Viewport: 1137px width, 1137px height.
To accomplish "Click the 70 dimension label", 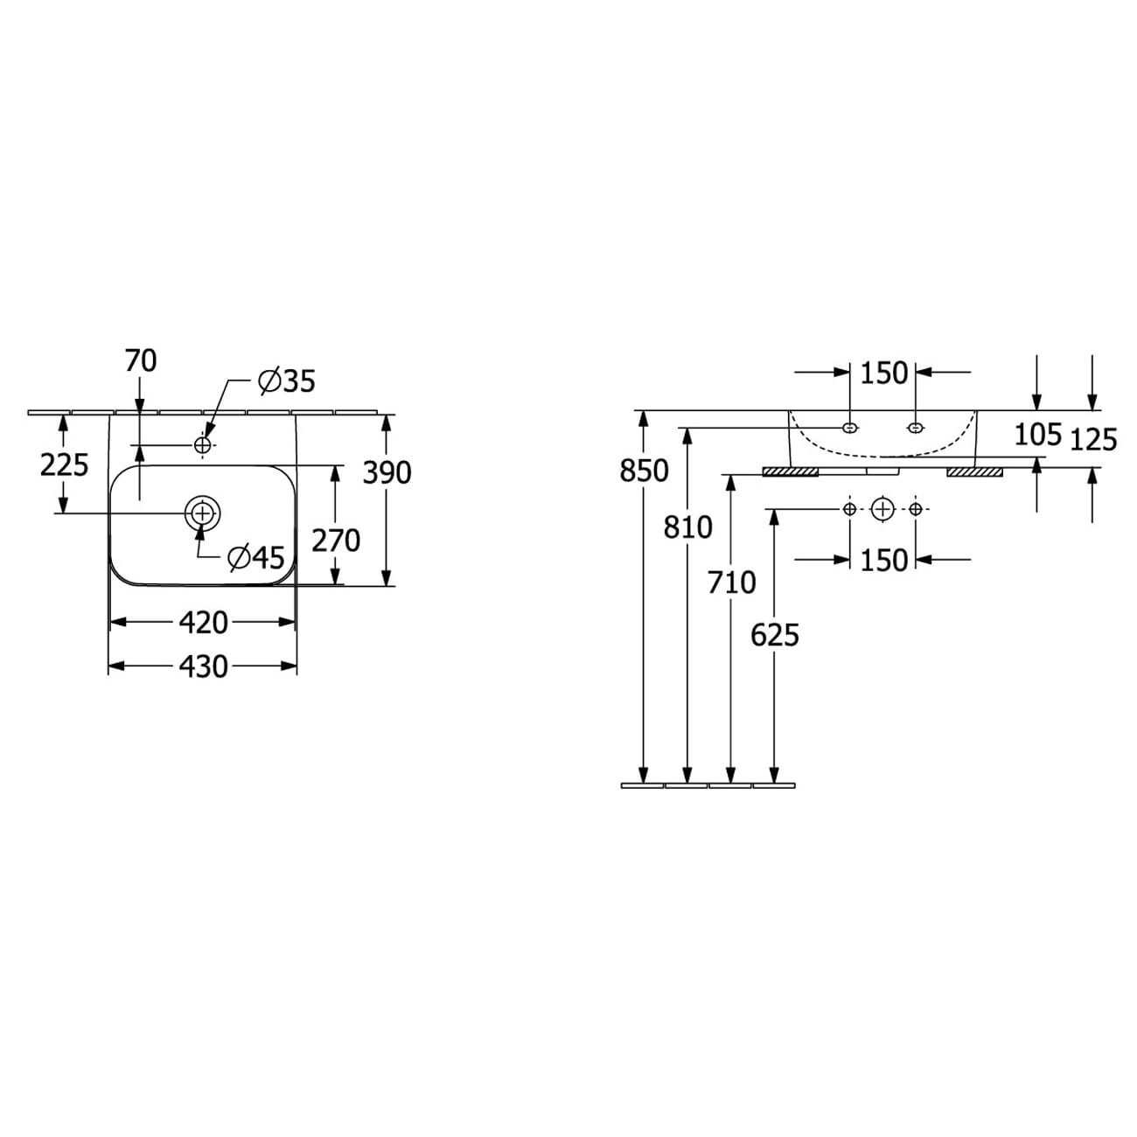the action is pyautogui.click(x=141, y=360).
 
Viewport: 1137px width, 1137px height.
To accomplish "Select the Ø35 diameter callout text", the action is pyautogui.click(x=288, y=381).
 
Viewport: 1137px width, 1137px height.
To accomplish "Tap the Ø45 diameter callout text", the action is pyautogui.click(x=256, y=557).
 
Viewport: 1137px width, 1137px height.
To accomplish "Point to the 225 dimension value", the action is pyautogui.click(x=65, y=465).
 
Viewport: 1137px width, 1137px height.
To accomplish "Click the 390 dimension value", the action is pyautogui.click(x=387, y=472).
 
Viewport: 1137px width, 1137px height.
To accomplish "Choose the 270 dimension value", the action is pyautogui.click(x=336, y=541).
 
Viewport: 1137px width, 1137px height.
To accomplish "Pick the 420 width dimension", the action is pyautogui.click(x=203, y=623).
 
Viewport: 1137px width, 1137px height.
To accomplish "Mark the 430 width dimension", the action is pyautogui.click(x=203, y=666).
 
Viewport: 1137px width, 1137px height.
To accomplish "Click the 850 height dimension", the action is pyautogui.click(x=644, y=471).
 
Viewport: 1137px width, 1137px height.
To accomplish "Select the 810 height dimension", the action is pyautogui.click(x=688, y=527).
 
